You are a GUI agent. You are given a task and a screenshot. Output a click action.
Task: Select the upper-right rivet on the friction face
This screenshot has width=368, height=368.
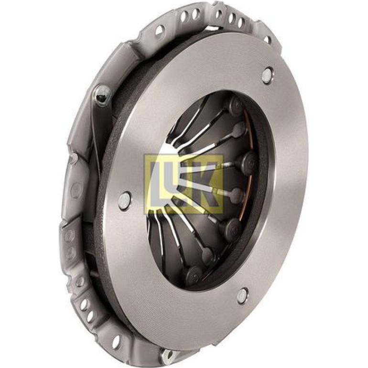(x=267, y=75)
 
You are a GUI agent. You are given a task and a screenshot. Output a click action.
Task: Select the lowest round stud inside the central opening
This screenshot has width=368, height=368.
(x=194, y=275)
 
